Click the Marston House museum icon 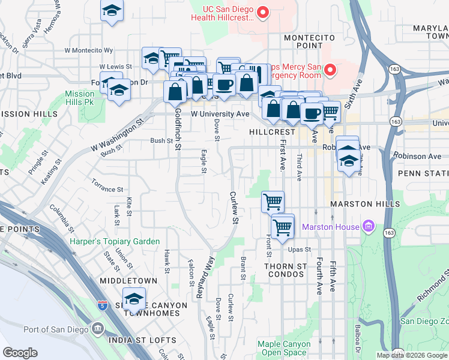(x=368, y=227)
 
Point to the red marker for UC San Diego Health (x=262, y=12)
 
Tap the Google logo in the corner (x=20, y=353)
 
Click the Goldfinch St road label (x=177, y=128)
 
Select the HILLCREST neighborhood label (x=273, y=132)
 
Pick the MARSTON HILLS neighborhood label (x=365, y=205)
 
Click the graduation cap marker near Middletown (x=134, y=298)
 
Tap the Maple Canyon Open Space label (x=284, y=349)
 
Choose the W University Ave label (x=220, y=113)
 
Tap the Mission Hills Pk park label (x=80, y=98)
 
